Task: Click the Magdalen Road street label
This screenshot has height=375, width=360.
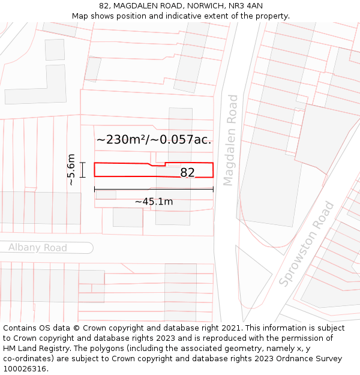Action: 230,140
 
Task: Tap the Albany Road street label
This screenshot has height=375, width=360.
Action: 38,248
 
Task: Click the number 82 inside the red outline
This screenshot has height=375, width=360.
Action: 187,173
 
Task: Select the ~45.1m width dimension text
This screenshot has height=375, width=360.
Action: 154,202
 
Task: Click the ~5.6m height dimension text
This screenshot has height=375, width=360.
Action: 71,170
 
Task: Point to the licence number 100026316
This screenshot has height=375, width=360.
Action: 25,368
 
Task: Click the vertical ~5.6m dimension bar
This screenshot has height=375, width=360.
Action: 82,170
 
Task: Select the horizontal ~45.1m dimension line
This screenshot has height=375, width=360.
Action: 154,190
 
